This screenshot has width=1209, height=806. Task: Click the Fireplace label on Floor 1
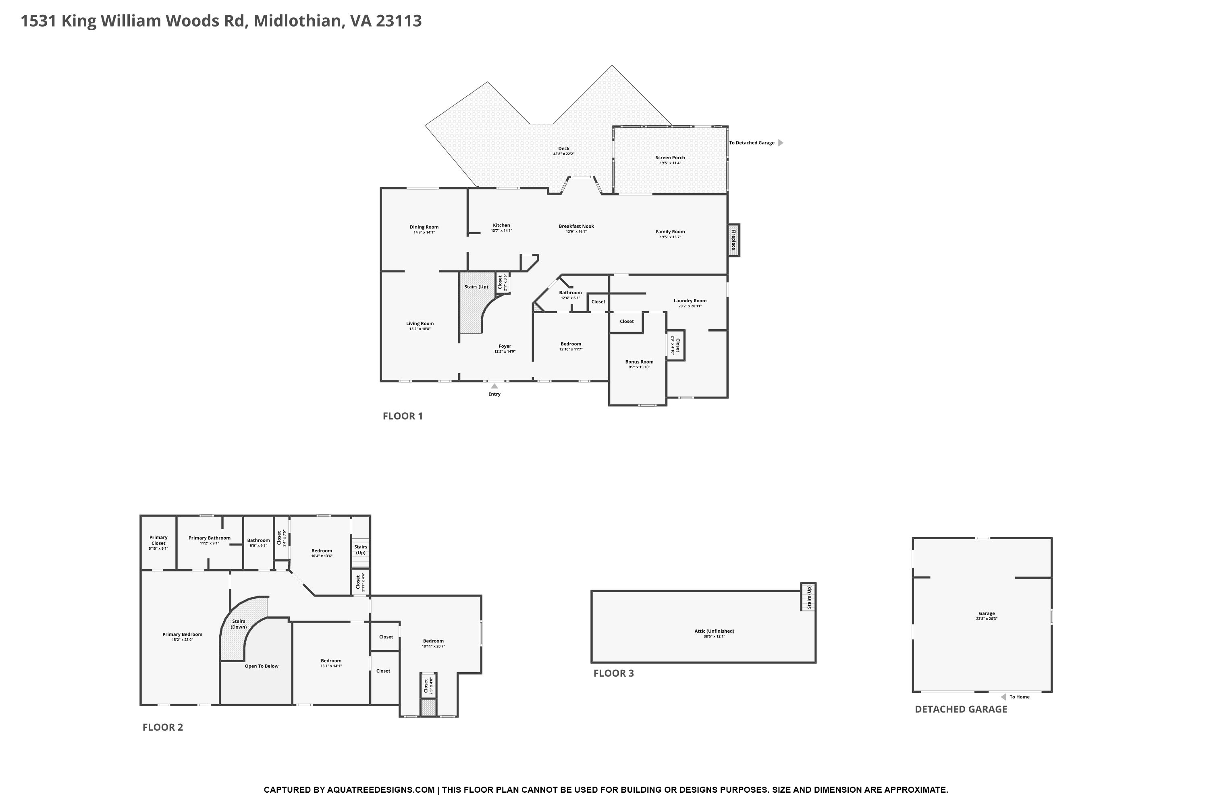click(x=733, y=240)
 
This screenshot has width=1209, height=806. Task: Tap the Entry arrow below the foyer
click(x=494, y=386)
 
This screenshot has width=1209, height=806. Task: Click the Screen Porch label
click(x=670, y=158)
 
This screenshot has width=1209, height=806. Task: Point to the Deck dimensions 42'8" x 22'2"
click(x=563, y=154)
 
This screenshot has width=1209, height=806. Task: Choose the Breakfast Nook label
click(x=576, y=226)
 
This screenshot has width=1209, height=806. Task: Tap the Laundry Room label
click(x=690, y=301)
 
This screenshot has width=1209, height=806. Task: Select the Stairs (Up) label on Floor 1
click(x=476, y=287)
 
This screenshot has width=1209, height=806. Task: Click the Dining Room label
click(x=424, y=227)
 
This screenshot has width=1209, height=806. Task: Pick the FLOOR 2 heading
click(x=162, y=727)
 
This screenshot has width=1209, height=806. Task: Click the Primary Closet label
click(x=158, y=540)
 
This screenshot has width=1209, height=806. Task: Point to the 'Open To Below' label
click(x=262, y=666)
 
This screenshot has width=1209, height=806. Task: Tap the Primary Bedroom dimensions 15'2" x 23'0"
click(x=183, y=640)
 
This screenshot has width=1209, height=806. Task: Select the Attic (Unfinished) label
click(x=714, y=631)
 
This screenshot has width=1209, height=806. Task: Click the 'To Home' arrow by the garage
click(x=1003, y=697)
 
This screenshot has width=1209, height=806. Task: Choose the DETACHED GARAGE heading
click(x=961, y=709)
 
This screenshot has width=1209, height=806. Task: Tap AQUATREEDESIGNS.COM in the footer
click(x=380, y=790)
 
